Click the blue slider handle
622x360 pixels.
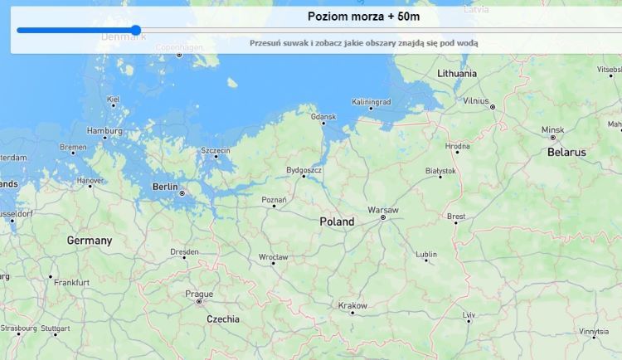(136, 31)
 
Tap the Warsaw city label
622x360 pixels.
(383, 209)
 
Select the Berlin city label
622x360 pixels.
(165, 187)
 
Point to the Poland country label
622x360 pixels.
(337, 221)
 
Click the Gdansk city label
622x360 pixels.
(323, 118)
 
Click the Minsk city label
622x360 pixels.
(552, 130)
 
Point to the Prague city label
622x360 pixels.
(199, 293)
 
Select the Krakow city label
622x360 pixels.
(352, 305)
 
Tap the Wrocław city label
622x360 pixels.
(273, 257)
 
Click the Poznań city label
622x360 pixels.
(274, 200)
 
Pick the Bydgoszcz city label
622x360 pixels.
(304, 170)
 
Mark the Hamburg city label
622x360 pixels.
(104, 131)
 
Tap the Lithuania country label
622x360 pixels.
(457, 73)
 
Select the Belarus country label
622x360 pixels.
(566, 152)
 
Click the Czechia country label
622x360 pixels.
(222, 319)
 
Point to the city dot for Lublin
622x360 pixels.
(426, 260)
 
